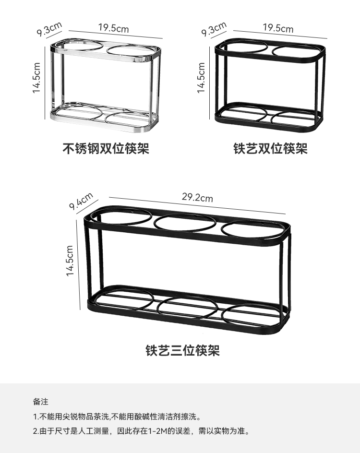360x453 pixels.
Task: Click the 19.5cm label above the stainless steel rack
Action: tap(114, 28)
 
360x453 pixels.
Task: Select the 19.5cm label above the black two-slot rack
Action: tap(278, 28)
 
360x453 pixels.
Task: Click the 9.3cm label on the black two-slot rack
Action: tap(214, 30)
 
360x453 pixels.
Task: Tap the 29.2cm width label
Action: tap(197, 197)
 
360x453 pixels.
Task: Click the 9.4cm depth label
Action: tap(81, 201)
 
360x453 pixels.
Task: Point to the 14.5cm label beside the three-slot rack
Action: tap(70, 261)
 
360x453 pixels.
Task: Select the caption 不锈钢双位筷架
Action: tap(106, 148)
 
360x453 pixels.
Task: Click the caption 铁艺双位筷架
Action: tap(270, 148)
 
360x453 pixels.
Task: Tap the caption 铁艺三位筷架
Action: tap(182, 351)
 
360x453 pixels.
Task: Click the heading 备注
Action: tap(40, 402)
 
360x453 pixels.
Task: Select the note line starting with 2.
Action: tap(142, 431)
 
